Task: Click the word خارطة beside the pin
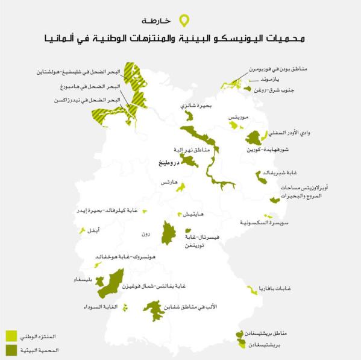(166, 21)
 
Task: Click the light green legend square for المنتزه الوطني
(11, 335)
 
